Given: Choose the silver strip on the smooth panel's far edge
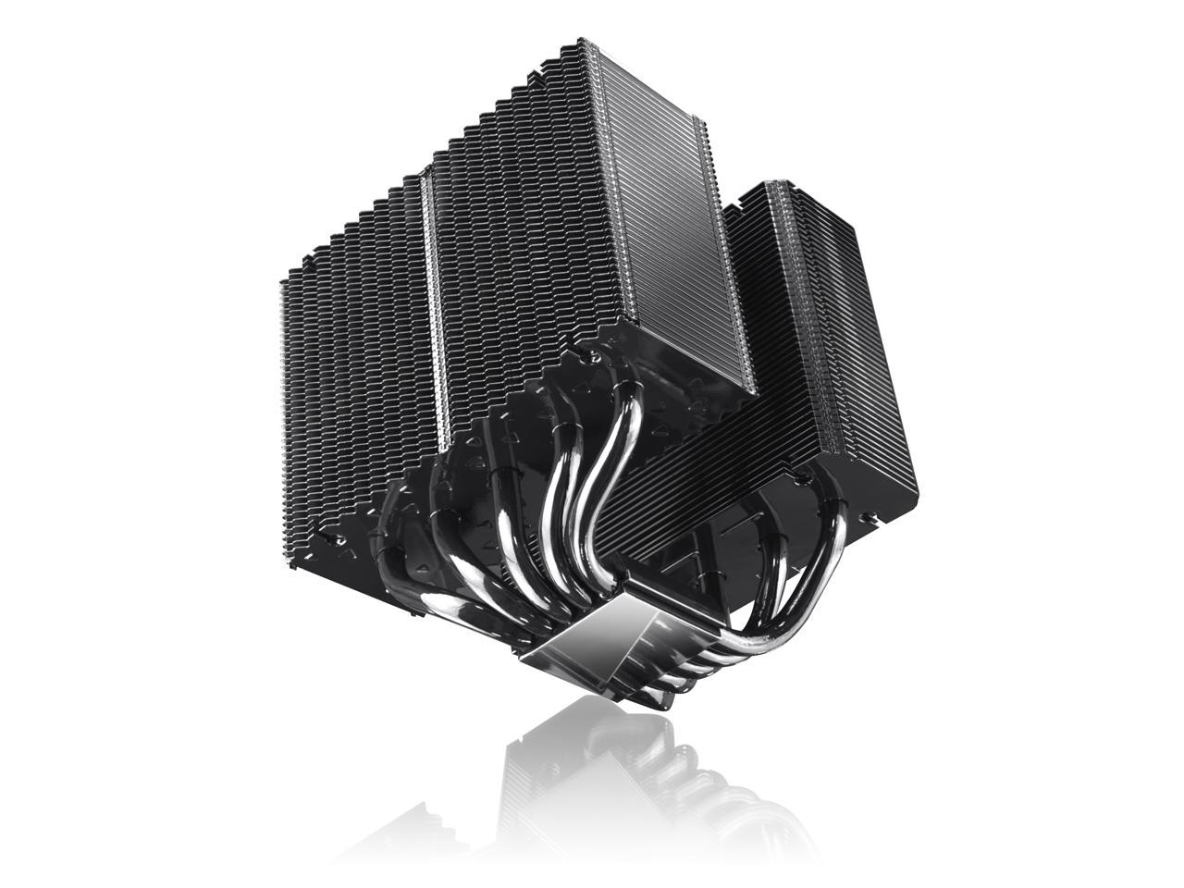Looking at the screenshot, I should (731, 268).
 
